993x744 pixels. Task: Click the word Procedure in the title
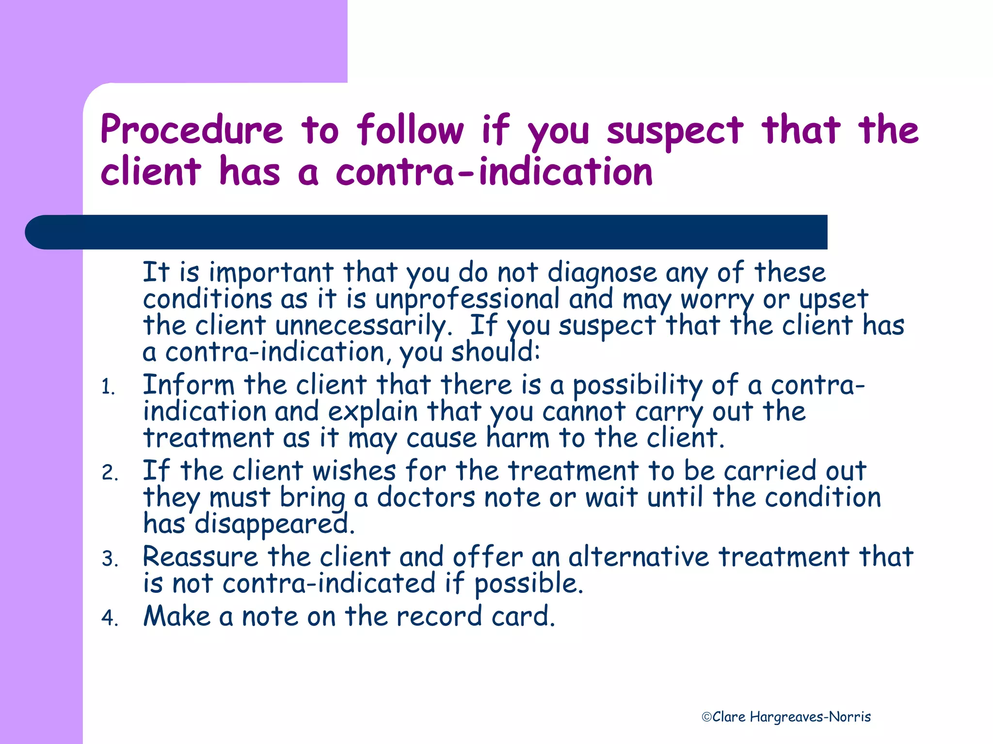tap(192, 130)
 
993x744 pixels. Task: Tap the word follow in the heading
tap(410, 130)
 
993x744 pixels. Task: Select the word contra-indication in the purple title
tap(494, 172)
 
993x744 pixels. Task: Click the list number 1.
tap(108, 387)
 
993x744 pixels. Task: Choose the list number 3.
tap(110, 559)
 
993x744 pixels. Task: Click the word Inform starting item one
tap(189, 385)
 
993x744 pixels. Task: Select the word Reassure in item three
tap(200, 557)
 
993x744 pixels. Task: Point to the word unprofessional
tap(467, 299)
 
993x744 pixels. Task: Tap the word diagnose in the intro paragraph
tap(602, 273)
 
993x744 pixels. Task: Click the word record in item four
tap(439, 616)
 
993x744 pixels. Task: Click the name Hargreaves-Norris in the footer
tap(810, 717)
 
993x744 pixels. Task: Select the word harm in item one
tap(517, 438)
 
